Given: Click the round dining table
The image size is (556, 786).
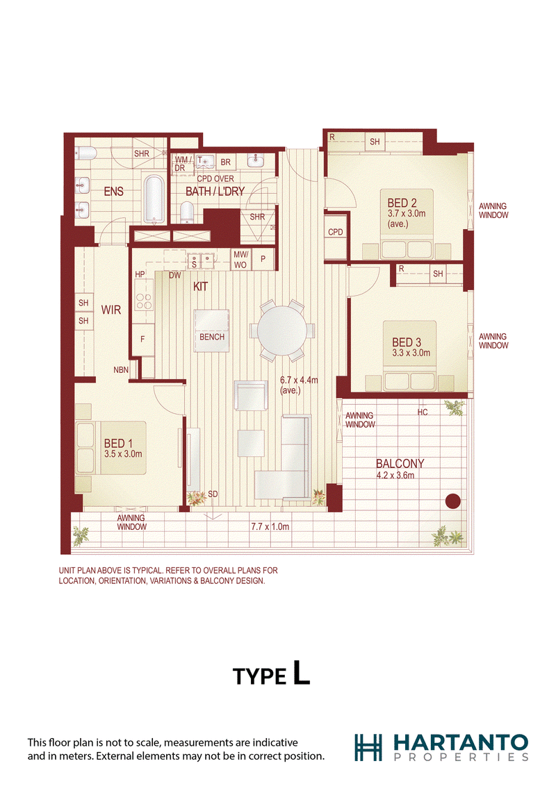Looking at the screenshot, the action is pyautogui.click(x=282, y=331).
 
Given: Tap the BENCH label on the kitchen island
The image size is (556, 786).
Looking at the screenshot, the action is pyautogui.click(x=212, y=337).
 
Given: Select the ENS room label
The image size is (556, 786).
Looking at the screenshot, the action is pyautogui.click(x=113, y=191).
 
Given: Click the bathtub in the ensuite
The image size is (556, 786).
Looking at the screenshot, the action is pyautogui.click(x=154, y=199).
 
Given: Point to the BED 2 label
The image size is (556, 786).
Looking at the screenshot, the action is pyautogui.click(x=402, y=203).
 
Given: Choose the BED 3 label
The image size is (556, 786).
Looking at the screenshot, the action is pyautogui.click(x=407, y=342).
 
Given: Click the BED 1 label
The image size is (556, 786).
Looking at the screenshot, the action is pyautogui.click(x=118, y=443).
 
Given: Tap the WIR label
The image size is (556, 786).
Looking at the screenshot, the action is pyautogui.click(x=111, y=310).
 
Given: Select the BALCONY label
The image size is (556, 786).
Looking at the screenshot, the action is pyautogui.click(x=400, y=464).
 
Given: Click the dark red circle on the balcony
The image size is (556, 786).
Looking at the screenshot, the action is pyautogui.click(x=453, y=501).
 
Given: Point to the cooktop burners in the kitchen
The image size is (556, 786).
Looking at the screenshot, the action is pyautogui.click(x=143, y=301).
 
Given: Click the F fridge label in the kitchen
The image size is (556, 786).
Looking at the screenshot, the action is pyautogui.click(x=142, y=340).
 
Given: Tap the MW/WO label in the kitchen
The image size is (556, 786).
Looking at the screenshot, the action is pyautogui.click(x=240, y=260).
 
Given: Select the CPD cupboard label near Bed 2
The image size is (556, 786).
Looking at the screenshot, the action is pyautogui.click(x=335, y=232).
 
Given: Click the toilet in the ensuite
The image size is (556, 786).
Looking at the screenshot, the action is pyautogui.click(x=85, y=153).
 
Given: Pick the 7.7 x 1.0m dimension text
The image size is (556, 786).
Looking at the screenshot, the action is pyautogui.click(x=270, y=526).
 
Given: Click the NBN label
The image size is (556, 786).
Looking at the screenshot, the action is pyautogui.click(x=121, y=370).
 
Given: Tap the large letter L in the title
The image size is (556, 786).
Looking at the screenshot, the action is pyautogui.click(x=301, y=672).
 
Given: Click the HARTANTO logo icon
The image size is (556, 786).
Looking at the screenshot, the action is pyautogui.click(x=368, y=747).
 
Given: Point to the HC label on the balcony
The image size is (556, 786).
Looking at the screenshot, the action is pyautogui.click(x=423, y=412).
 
